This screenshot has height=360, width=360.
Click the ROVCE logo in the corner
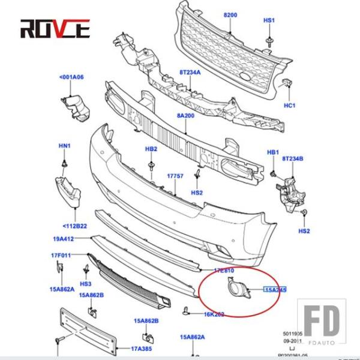(55, 28)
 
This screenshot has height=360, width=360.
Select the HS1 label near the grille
(269, 20)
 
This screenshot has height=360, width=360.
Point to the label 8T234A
(190, 72)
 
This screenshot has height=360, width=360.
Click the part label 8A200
(186, 115)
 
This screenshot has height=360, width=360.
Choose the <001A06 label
(71, 77)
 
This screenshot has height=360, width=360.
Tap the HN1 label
(64, 146)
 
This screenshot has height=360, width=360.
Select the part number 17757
(175, 176)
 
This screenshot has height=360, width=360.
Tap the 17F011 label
(61, 256)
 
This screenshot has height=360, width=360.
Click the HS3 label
(86, 283)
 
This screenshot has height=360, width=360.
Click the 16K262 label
(214, 314)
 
